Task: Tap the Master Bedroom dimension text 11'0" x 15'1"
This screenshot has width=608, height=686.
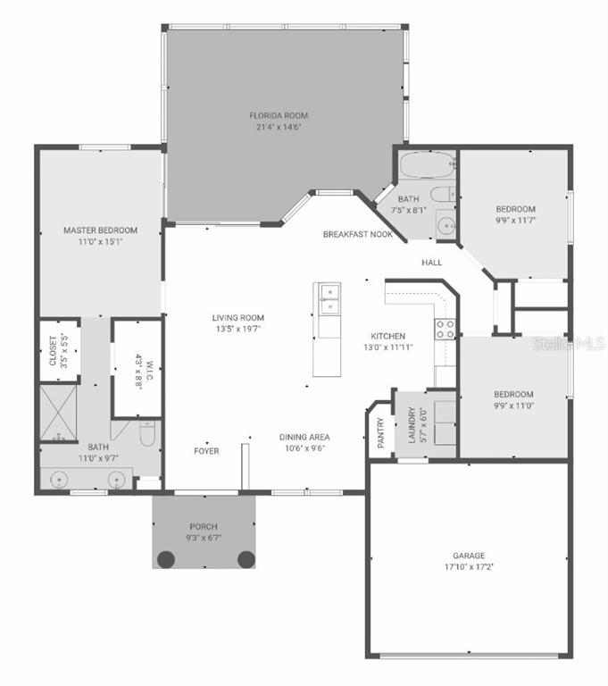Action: tap(100, 241)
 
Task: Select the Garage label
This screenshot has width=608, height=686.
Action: tap(468, 556)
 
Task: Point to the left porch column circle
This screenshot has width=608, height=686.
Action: tap(166, 559)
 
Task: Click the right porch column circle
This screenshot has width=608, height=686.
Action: tap(246, 559)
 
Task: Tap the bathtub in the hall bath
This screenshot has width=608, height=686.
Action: tap(427, 166)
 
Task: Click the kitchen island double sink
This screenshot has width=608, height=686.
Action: tap(327, 299)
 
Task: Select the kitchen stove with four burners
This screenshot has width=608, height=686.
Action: tap(446, 329)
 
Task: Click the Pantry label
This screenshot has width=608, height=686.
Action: tap(380, 431)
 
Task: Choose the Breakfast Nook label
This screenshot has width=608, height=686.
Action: tap(358, 234)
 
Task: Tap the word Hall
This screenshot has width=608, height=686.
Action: tap(433, 263)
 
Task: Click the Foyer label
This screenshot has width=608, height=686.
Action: tap(207, 451)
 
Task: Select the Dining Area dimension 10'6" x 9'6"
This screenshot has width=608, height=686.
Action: tap(304, 448)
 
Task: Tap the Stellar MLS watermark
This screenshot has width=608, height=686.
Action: tap(569, 343)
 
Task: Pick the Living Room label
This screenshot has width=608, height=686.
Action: tap(238, 318)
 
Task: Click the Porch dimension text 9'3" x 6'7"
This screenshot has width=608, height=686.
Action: tap(204, 539)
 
